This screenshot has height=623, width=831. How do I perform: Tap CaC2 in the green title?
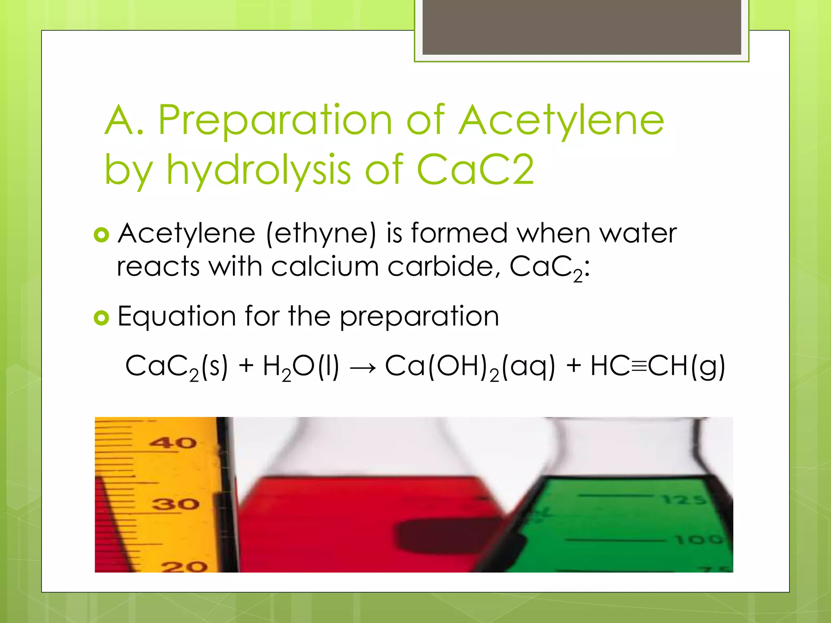[475, 170]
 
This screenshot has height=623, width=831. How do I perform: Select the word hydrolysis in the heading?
[258, 170]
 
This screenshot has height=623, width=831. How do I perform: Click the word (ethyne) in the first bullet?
[321, 234]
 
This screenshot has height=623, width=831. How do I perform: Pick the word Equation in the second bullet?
[177, 317]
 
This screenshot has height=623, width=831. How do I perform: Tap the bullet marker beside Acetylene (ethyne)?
[101, 235]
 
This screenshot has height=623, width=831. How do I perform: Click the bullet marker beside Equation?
[101, 318]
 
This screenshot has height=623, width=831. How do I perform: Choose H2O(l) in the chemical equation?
[301, 367]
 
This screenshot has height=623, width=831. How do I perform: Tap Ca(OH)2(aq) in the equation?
[469, 367]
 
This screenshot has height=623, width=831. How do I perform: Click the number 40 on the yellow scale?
[173, 443]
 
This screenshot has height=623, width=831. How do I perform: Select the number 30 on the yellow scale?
[175, 504]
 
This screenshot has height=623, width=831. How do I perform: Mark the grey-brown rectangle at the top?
[581, 27]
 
